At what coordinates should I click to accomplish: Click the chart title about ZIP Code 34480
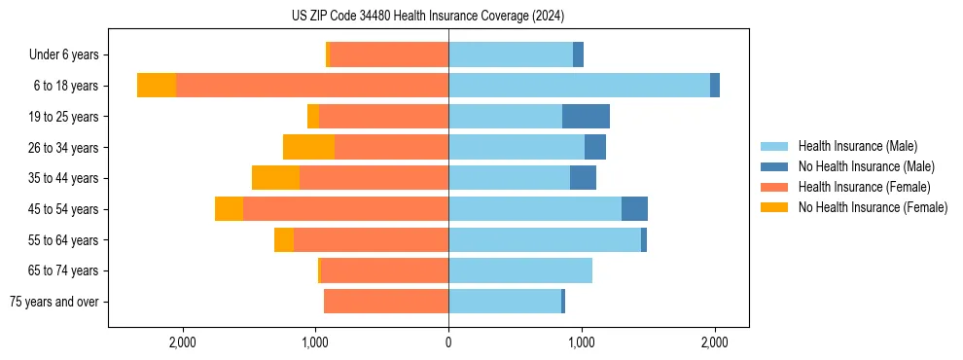click(428, 16)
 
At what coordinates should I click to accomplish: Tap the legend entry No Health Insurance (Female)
click(873, 207)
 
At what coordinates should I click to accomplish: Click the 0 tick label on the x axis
click(448, 342)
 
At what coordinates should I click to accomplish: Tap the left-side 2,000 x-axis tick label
click(183, 342)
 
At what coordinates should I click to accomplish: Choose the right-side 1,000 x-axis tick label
click(582, 342)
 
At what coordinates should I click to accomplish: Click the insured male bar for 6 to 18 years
click(579, 86)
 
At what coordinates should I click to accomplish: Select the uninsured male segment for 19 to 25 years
click(586, 117)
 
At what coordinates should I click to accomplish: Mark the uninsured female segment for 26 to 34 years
click(308, 147)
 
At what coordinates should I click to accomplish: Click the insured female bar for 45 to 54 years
click(345, 209)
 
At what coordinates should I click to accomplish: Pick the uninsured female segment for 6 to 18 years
click(157, 86)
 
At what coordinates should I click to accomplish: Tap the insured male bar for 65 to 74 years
click(520, 270)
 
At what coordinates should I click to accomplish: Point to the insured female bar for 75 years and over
click(386, 302)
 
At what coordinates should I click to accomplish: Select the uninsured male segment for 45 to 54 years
click(634, 209)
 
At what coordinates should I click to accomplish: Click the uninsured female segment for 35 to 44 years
click(275, 178)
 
